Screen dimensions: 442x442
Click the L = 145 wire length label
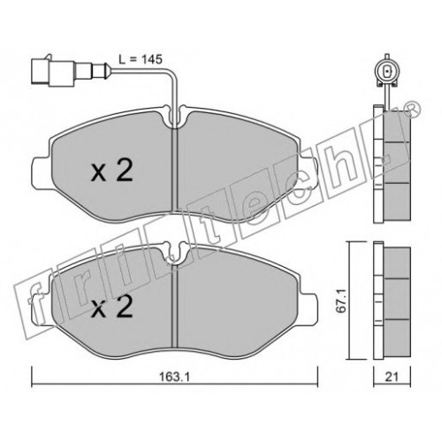click(x=141, y=59)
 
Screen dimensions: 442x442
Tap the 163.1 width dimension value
click(x=173, y=377)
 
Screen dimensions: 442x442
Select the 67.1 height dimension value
click(x=343, y=301)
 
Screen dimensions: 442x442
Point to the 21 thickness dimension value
click(x=392, y=377)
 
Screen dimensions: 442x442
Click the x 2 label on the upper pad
click(x=112, y=171)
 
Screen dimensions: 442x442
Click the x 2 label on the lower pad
click(x=112, y=307)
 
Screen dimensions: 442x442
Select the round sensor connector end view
click(x=386, y=72)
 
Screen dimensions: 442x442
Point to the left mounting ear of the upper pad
click(x=42, y=172)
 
